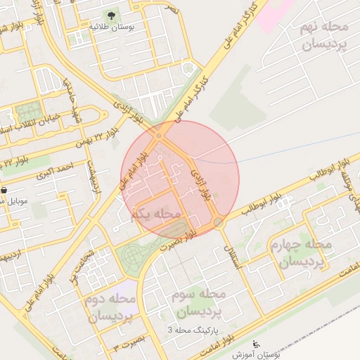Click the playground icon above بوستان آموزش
pos(255,345)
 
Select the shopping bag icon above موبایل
pos(4,190)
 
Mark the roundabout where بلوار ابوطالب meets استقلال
pos(219,222)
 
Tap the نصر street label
pos(171,10)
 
